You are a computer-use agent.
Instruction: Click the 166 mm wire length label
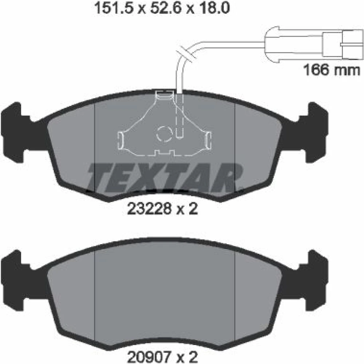coord(332,70)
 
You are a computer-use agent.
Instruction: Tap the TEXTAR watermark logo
coord(165,178)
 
